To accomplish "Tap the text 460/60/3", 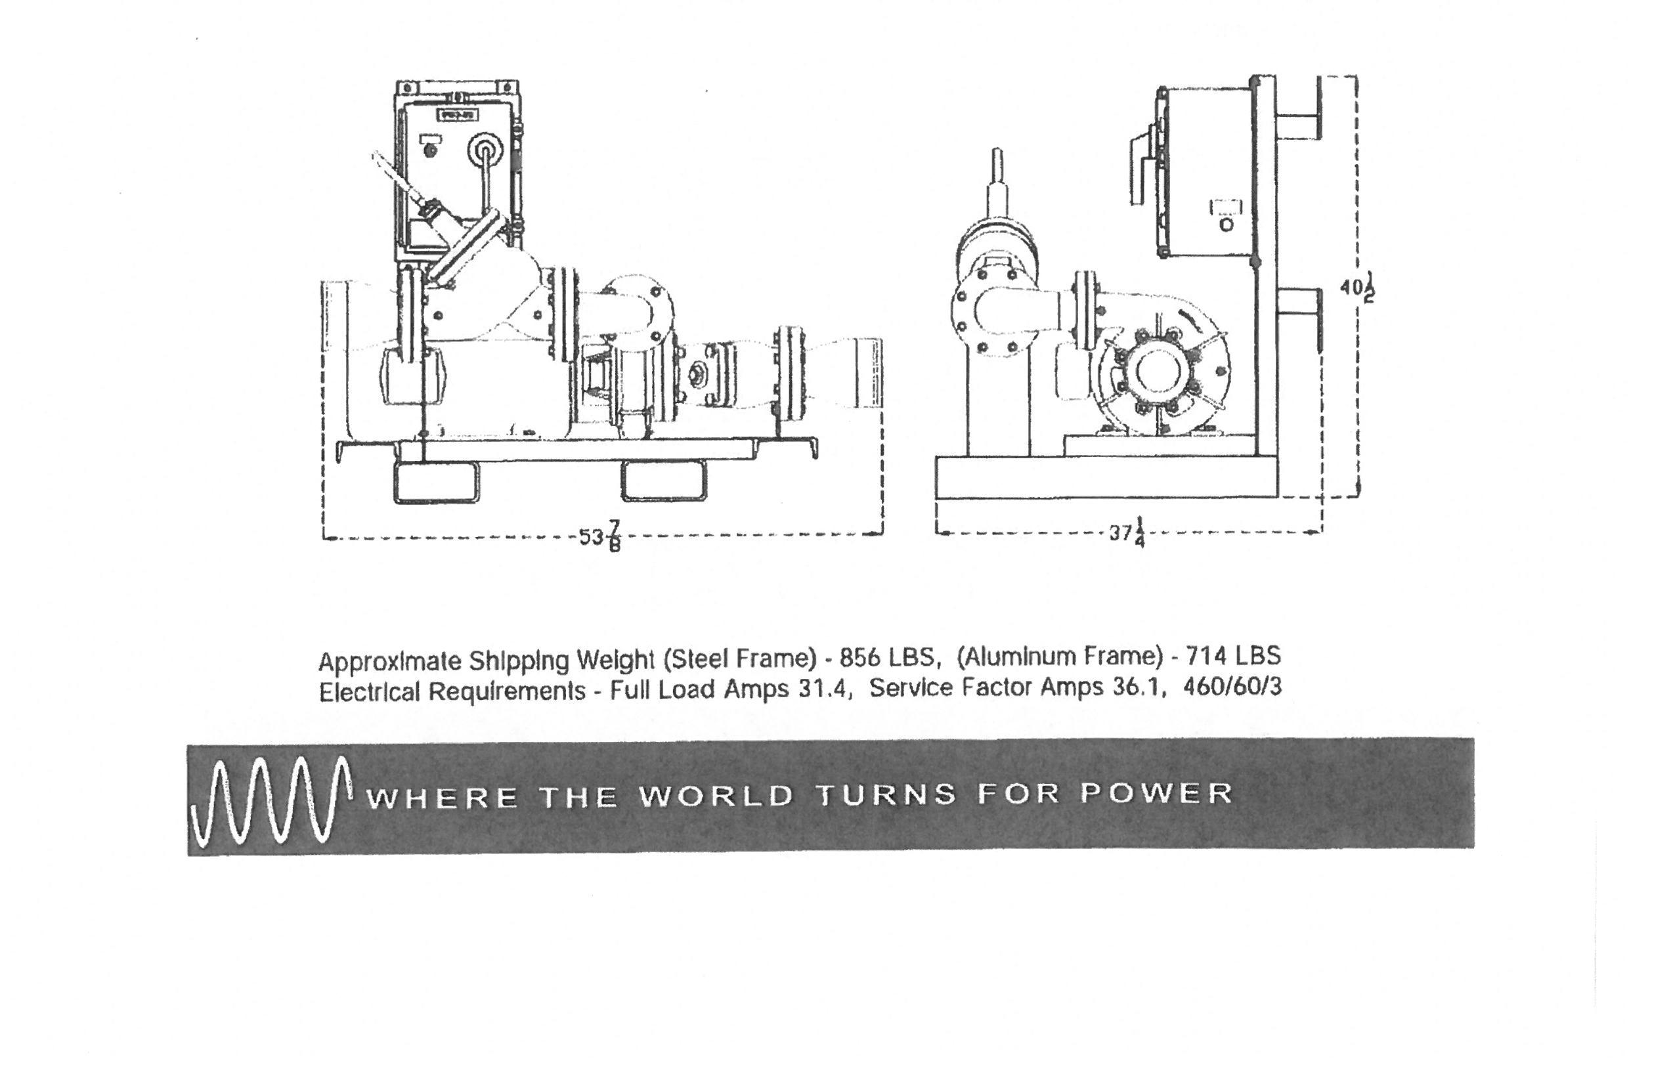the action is tap(1232, 687).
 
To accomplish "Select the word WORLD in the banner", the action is tap(717, 796).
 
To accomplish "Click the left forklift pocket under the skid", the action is tap(436, 483).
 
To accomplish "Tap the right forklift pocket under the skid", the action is tap(663, 481).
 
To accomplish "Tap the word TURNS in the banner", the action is tap(887, 795).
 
